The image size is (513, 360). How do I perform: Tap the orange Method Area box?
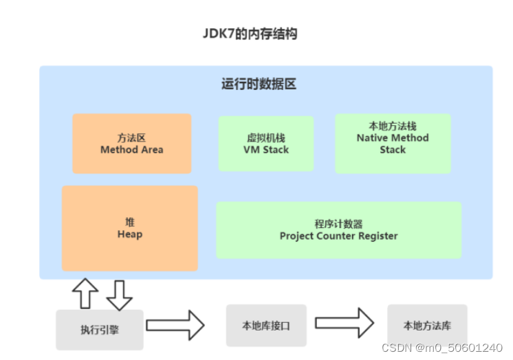pyautogui.click(x=132, y=144)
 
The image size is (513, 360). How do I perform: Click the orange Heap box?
pyautogui.click(x=130, y=228)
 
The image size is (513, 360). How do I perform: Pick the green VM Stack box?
pyautogui.click(x=266, y=144)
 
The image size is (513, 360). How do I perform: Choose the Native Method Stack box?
pyautogui.click(x=393, y=143)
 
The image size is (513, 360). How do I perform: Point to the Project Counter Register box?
pyautogui.click(x=338, y=230)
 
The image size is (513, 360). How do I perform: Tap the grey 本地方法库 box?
pyautogui.click(x=427, y=326)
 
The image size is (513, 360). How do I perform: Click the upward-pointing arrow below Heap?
pyautogui.click(x=85, y=294)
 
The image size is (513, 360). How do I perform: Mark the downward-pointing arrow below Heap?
pyautogui.click(x=118, y=295)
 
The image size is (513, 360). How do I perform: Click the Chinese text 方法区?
pyautogui.click(x=132, y=137)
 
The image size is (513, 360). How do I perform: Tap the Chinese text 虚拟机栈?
pyautogui.click(x=266, y=137)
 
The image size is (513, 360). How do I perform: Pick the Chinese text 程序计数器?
pyautogui.click(x=338, y=223)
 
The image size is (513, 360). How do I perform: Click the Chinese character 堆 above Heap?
pyautogui.click(x=130, y=221)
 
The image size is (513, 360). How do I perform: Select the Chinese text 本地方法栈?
pyautogui.click(x=393, y=126)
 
